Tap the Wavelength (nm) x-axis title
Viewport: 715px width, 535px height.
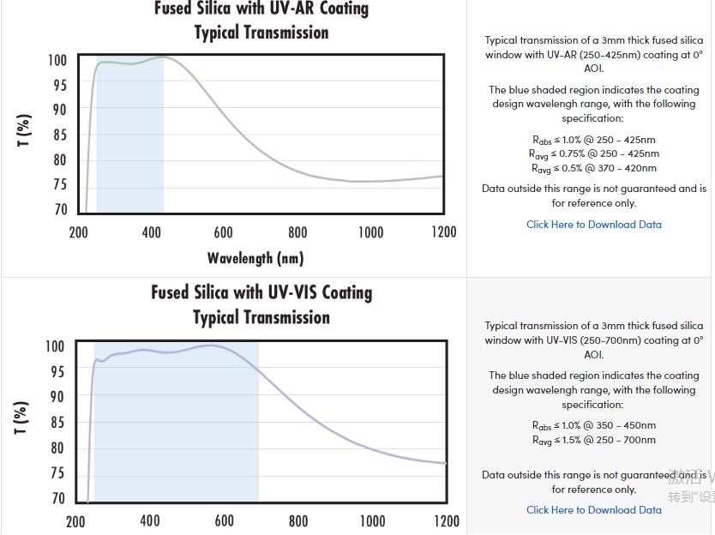(255, 257)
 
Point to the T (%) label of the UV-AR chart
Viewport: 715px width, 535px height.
(25, 130)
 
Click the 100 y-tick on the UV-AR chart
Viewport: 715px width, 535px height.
(57, 60)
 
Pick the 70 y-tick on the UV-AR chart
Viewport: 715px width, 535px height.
(60, 209)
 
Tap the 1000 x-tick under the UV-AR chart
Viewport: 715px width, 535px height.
(371, 231)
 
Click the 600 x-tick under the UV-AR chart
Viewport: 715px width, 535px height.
(223, 231)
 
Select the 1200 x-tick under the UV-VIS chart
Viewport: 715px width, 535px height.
(446, 520)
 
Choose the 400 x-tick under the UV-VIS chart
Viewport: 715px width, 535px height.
(149, 520)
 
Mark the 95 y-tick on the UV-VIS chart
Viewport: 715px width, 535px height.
(57, 371)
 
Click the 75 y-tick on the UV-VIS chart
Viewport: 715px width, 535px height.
(57, 472)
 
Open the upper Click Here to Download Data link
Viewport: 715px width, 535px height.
(594, 225)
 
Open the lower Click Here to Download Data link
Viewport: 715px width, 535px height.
(594, 510)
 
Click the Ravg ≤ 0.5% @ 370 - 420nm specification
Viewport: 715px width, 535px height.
(594, 169)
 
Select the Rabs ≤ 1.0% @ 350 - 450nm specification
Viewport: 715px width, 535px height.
(594, 425)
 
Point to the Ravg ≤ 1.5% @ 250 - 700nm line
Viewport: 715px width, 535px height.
(594, 441)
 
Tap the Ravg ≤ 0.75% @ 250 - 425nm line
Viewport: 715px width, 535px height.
(594, 154)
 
